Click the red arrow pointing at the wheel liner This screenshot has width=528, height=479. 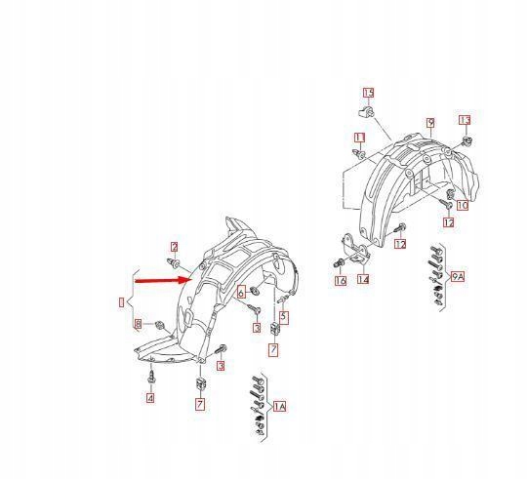click(163, 280)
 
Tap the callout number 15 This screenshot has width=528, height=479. click(368, 93)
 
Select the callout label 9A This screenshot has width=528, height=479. click(458, 277)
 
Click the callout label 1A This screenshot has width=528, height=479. click(279, 407)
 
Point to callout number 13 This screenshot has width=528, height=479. click(465, 120)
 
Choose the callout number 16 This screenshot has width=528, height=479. click(341, 280)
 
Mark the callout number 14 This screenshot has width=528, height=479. click(363, 279)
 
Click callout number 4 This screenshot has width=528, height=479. click(150, 398)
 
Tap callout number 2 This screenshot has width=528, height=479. click(174, 247)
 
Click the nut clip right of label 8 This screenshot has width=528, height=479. click(159, 325)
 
